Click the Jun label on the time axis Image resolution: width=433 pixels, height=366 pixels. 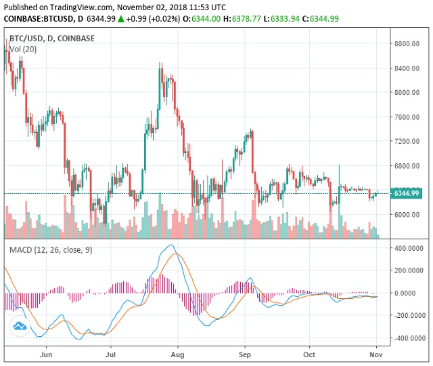(46, 354)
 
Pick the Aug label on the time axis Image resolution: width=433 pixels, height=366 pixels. (178, 354)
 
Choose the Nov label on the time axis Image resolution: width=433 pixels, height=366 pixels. (376, 354)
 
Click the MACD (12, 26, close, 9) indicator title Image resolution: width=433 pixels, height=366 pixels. (51, 250)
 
